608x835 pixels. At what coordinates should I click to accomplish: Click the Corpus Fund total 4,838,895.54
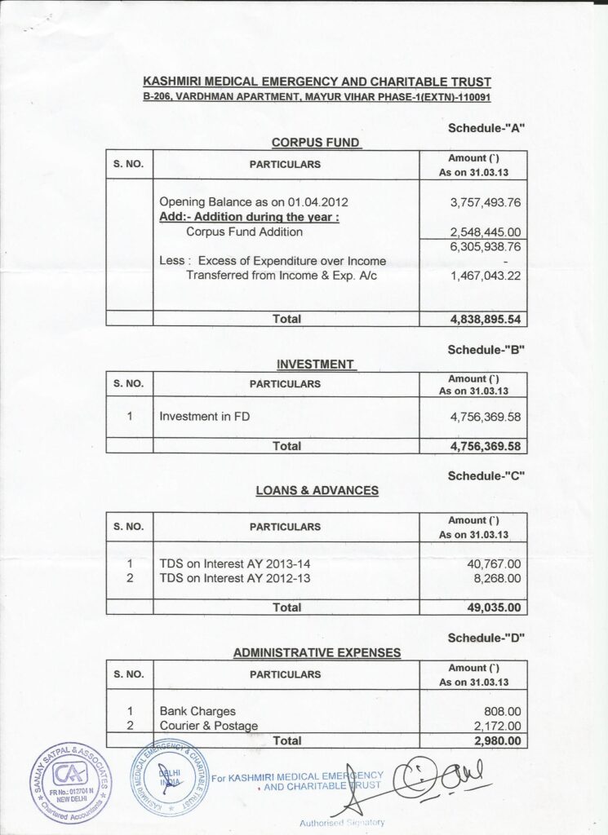[485, 320]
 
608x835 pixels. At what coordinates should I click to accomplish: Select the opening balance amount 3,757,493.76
[485, 202]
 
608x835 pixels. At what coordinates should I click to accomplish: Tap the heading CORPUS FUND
[316, 143]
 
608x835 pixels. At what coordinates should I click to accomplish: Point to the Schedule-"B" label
[486, 350]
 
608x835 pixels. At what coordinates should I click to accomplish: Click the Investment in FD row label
[205, 417]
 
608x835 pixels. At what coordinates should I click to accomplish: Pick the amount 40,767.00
[493, 563]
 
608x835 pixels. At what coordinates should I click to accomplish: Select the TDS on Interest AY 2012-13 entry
[235, 578]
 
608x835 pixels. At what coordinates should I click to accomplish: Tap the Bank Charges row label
[197, 711]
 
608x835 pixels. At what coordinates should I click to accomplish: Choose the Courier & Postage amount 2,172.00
[496, 726]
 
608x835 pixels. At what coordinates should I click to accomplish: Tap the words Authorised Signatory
[342, 822]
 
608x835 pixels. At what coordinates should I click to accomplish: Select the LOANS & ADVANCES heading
[317, 491]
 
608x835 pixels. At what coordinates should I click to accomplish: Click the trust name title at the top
[317, 82]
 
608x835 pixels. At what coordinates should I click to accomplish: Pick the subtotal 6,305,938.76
[485, 246]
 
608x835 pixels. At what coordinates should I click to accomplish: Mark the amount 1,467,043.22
[485, 276]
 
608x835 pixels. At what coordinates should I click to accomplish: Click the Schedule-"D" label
[486, 638]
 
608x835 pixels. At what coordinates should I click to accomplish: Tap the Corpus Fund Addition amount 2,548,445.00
[485, 232]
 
